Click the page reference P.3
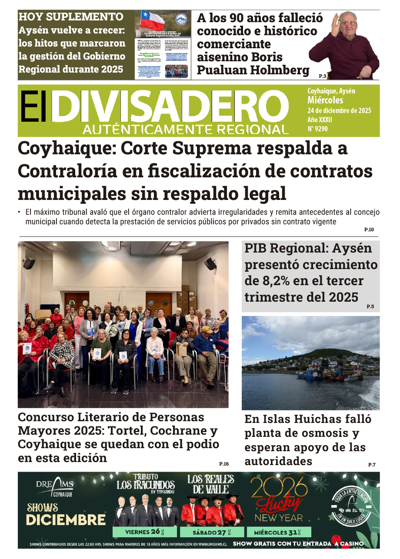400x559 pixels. click(x=322, y=76)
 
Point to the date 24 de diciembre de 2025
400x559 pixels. click(x=339, y=110)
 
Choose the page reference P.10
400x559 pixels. click(x=369, y=230)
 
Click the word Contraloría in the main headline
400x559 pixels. click(x=69, y=171)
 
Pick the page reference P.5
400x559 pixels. click(x=370, y=306)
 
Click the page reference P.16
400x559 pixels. click(x=223, y=464)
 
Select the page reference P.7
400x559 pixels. click(x=372, y=465)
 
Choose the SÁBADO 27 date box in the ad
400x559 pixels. click(x=212, y=532)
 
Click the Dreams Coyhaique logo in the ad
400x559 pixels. click(x=55, y=488)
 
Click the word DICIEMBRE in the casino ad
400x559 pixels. click(x=66, y=520)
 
